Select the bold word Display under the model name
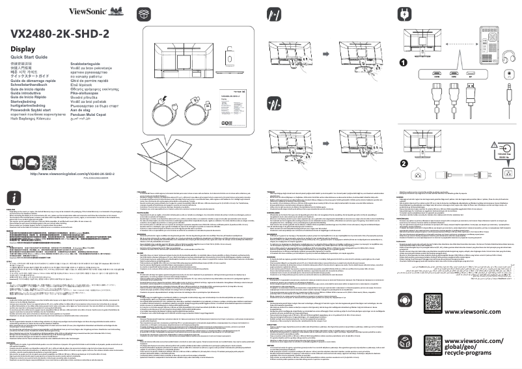tap(23, 49)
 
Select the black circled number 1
tap(404, 63)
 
